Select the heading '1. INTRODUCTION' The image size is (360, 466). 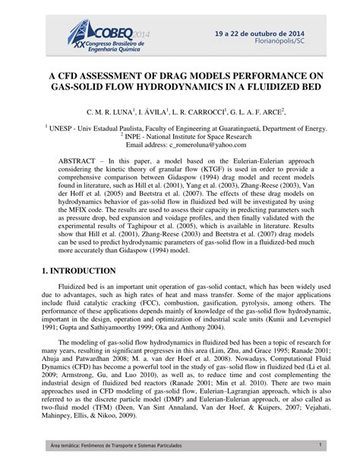pos(66,292)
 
